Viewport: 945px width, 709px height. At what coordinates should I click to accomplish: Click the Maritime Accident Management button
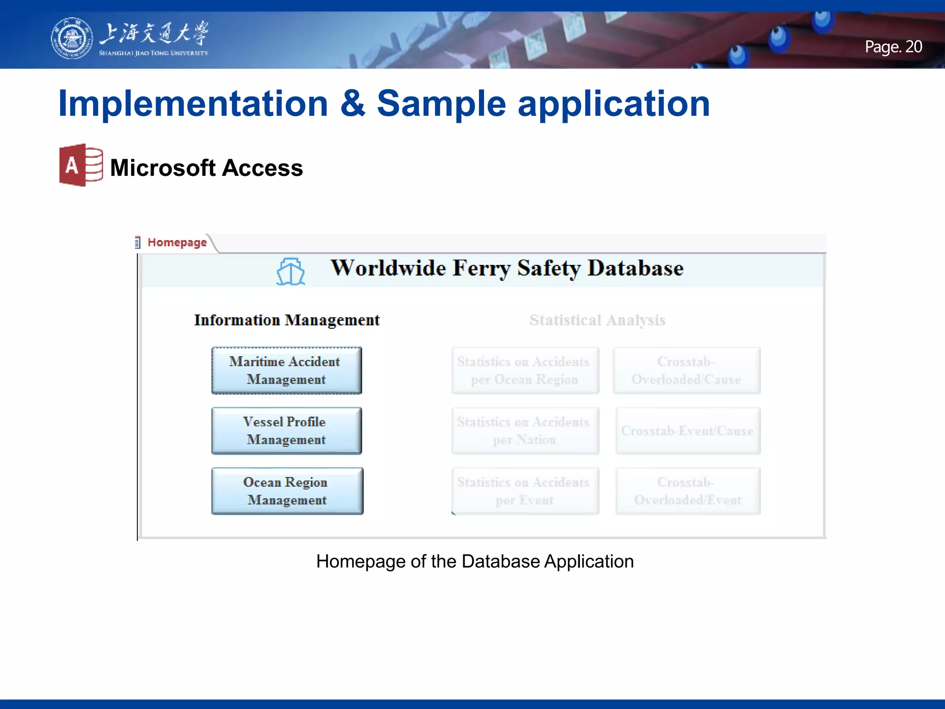(x=287, y=371)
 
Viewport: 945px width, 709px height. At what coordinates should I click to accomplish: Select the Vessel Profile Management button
(x=287, y=431)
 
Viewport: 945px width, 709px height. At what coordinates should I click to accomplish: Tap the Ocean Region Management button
(x=287, y=491)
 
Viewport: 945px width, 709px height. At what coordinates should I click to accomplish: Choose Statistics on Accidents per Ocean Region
(x=525, y=371)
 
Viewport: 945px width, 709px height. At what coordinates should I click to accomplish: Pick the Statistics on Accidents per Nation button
(x=525, y=431)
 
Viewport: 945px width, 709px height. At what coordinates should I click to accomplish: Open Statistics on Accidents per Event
(x=525, y=491)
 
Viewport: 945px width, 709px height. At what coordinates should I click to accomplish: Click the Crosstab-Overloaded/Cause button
(x=687, y=371)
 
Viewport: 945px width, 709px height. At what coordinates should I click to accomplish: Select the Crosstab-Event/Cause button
(x=688, y=431)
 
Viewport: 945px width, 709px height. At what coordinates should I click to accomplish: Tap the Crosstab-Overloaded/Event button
(x=688, y=491)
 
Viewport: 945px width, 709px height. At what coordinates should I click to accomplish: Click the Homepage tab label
(x=177, y=242)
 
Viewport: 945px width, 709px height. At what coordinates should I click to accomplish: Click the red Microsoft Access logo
(x=81, y=165)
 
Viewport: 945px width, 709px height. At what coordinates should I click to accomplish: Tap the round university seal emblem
(x=71, y=38)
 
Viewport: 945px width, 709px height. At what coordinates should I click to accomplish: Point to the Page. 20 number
(x=893, y=47)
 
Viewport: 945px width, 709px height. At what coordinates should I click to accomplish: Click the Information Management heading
(x=287, y=320)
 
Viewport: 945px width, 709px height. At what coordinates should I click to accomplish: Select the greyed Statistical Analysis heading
(x=597, y=320)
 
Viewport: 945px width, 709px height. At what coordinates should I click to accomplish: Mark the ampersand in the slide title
(x=353, y=103)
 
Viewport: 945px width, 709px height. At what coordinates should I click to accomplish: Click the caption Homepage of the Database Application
(x=475, y=562)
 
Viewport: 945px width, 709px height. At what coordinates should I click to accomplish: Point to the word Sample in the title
(x=442, y=103)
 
